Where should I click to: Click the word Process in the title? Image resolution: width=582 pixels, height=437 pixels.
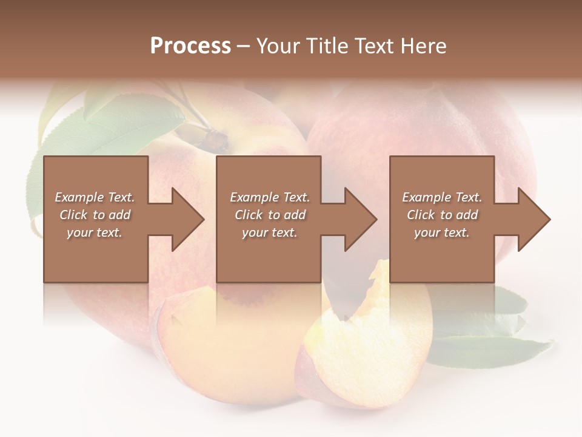(190, 46)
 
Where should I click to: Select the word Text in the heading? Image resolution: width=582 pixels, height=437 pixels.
(373, 46)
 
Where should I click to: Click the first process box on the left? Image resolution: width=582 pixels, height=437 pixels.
(96, 261)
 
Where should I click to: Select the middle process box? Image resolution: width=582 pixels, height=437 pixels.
(269, 261)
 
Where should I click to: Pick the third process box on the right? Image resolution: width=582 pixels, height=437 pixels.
(442, 261)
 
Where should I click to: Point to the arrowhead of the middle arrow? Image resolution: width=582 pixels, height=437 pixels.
(360, 219)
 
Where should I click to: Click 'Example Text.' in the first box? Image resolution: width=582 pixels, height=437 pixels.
(95, 197)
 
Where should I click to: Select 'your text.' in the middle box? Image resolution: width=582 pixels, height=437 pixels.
(269, 232)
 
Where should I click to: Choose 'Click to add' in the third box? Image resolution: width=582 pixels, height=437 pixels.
(442, 215)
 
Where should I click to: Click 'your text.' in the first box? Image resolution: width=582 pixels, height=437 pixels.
(95, 232)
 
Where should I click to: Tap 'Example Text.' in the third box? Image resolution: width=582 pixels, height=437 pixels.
(442, 197)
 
